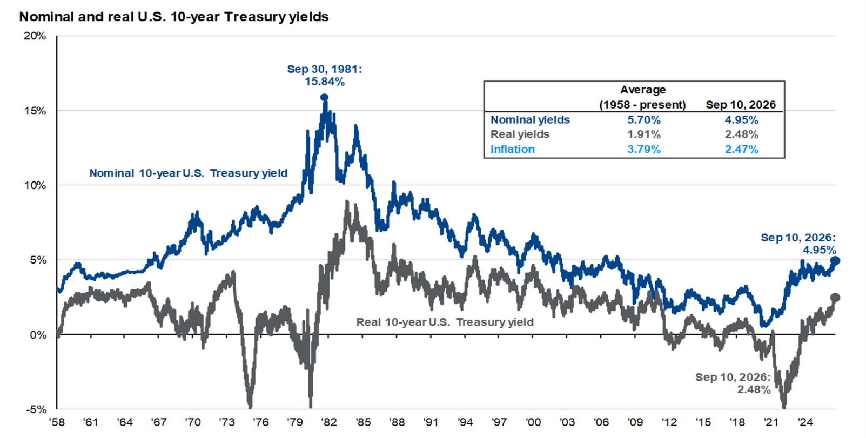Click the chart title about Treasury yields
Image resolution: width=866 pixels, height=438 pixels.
tap(173, 17)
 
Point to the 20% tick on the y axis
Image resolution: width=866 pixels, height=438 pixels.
tap(35, 36)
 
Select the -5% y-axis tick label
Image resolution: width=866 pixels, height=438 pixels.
tap(36, 409)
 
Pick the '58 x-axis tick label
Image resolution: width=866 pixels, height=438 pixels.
tap(57, 422)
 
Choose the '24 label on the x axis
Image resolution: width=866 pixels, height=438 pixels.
tap(805, 422)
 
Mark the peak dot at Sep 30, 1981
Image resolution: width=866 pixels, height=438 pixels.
tap(324, 97)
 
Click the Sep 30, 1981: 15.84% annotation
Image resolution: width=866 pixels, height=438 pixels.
tap(324, 76)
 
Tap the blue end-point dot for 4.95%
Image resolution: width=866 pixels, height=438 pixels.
tap(835, 261)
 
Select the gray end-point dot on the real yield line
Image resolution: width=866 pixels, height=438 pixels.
tap(835, 297)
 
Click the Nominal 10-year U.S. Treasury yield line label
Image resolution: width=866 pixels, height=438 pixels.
tap(189, 173)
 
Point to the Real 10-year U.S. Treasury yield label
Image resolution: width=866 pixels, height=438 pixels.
tap(445, 322)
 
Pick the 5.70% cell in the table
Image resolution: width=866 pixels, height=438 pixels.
tap(644, 120)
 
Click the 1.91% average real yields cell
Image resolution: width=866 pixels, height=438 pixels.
tap(644, 134)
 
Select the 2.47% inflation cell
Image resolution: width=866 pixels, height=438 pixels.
tap(741, 149)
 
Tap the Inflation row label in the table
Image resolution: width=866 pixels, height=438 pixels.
tap(512, 149)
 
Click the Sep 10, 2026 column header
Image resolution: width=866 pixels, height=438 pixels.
tap(741, 105)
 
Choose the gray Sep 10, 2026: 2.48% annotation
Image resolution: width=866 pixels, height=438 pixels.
tap(733, 383)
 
